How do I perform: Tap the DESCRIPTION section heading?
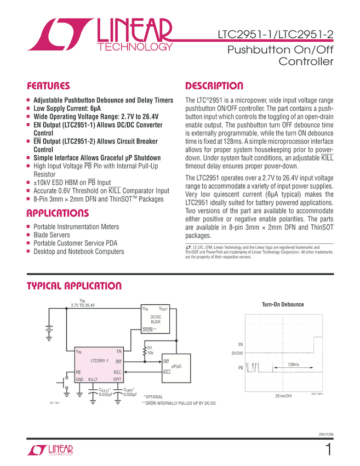pos(214,86)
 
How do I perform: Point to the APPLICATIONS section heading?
pos(58,213)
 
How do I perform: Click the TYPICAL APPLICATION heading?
pos(74,286)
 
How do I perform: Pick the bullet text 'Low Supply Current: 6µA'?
pos(67,109)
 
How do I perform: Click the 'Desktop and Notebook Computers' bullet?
pos(79,251)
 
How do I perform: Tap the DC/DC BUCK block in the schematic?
pos(155,320)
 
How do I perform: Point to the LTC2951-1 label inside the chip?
pos(99,361)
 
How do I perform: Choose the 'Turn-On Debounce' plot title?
pos(282,304)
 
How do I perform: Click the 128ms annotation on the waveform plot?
pos(293,364)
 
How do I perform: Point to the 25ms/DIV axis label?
pos(283,395)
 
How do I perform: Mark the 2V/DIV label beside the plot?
pos(237,353)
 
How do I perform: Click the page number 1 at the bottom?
pos(328,450)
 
